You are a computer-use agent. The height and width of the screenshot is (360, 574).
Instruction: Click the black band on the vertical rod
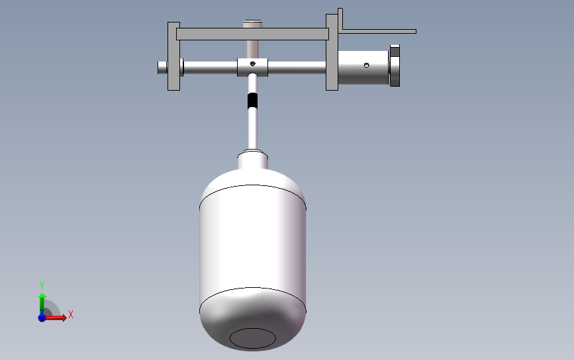tap(252, 101)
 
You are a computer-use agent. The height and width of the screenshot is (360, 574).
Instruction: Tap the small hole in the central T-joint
tap(253, 64)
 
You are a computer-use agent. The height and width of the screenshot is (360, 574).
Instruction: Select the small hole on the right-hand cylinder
tap(366, 65)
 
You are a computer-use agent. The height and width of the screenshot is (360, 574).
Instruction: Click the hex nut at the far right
tap(395, 66)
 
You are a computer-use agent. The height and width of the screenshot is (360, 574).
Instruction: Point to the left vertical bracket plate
tap(173, 56)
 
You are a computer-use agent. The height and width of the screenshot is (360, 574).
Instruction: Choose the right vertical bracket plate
tap(332, 52)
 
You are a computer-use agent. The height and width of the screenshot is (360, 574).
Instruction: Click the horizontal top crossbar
tap(253, 34)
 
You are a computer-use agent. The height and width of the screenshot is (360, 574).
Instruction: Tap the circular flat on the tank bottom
tap(253, 338)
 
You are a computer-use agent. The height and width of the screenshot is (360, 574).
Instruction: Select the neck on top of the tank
tap(253, 160)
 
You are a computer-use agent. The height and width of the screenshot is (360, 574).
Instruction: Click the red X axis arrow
tap(55, 317)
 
